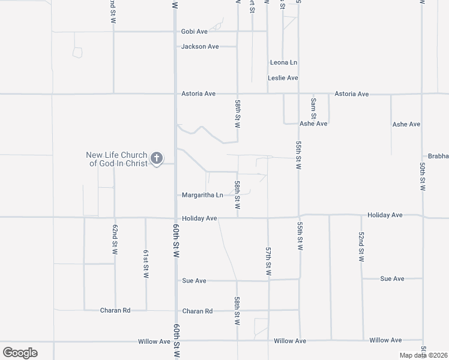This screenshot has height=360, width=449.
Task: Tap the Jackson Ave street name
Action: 200,46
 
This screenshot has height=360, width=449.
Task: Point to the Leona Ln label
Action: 283,62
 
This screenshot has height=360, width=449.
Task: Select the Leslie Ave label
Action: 283,78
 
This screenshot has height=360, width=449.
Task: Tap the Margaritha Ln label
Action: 202,195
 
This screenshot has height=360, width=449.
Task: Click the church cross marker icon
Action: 156,158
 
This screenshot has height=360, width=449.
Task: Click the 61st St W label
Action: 146,264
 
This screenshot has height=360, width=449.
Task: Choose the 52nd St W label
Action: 361,247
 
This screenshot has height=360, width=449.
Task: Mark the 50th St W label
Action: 423,176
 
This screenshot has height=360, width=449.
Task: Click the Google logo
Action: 20,352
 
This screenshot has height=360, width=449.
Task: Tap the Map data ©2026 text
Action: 423,355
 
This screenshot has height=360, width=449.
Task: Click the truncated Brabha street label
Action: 438,156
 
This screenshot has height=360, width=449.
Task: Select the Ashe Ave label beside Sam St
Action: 313,124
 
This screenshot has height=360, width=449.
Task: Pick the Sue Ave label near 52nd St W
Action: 393,279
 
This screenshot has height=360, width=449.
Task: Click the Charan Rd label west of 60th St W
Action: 115,311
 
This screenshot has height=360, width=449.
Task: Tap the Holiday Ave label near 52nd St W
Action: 385,215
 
